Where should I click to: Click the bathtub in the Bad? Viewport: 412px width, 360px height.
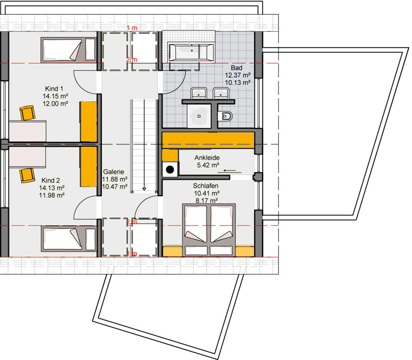191,52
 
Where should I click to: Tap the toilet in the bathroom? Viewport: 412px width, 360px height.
225,116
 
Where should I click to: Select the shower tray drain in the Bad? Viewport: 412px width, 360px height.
199,116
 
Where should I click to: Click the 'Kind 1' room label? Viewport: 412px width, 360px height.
54,88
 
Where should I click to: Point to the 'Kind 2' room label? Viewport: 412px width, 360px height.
51,180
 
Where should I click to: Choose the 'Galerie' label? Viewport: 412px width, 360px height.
114,171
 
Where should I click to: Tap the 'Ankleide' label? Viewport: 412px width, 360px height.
207,157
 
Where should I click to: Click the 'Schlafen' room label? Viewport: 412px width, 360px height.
206,186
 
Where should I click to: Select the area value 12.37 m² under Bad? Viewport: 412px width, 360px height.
238,75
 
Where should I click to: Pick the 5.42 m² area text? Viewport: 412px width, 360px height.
208,165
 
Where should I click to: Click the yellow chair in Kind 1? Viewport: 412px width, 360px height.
27,113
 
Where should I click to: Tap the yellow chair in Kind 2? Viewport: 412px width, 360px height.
27,176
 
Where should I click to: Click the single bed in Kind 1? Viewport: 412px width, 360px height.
68,50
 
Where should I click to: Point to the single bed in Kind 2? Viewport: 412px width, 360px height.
68,239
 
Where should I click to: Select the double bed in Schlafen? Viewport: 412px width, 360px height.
209,230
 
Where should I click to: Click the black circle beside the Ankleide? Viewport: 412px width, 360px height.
170,170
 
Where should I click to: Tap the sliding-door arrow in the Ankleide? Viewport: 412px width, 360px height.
230,171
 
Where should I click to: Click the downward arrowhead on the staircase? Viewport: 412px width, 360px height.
144,189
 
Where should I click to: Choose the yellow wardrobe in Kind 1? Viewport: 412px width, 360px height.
88,121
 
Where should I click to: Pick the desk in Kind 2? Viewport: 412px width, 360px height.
27,157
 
